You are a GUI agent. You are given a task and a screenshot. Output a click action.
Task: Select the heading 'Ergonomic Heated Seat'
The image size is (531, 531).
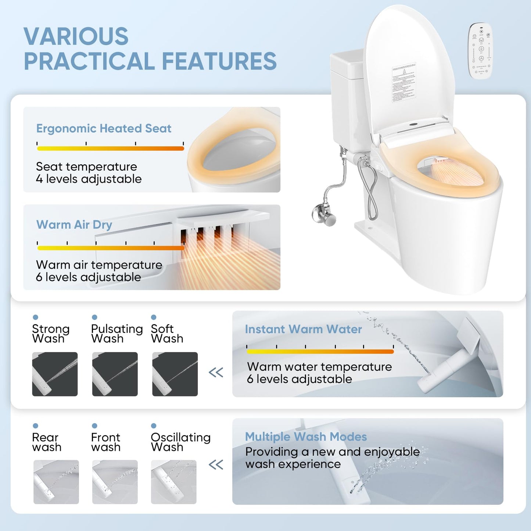pos(104,129)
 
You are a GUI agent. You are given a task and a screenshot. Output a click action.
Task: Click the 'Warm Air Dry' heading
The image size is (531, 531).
pos(74,225)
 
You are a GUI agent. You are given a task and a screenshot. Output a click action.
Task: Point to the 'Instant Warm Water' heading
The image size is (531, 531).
pos(303,329)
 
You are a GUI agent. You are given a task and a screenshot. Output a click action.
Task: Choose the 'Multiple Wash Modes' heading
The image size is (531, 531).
pos(306,437)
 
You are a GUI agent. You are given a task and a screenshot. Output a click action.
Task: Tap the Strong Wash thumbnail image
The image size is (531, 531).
pos(55,374)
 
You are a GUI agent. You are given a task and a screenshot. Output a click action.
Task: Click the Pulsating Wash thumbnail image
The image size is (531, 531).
pos(115,374)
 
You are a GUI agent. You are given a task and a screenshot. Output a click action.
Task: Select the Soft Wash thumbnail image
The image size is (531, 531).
pos(175,374)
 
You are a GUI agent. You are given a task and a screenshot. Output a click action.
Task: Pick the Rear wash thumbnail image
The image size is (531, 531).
pos(56,482)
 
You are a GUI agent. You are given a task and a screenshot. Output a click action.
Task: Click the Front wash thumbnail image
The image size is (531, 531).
pos(115,482)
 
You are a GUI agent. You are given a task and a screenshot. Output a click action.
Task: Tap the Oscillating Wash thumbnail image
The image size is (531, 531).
pos(173,482)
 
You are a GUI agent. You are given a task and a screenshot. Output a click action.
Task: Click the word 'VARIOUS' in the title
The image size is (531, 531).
pos(76,36)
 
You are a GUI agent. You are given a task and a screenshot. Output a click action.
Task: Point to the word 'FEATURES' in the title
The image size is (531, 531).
pos(219,61)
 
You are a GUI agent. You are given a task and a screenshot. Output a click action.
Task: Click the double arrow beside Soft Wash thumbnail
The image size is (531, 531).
pos(216,373)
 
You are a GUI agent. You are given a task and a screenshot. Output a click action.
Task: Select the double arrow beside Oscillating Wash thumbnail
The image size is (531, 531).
pos(216,465)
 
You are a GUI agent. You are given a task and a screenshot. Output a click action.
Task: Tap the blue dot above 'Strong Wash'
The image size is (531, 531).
pos(35,317)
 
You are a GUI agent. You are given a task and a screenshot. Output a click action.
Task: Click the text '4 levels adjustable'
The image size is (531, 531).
pos(89,179)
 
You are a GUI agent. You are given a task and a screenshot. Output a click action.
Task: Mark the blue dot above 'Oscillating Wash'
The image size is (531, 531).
pos(154,426)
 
